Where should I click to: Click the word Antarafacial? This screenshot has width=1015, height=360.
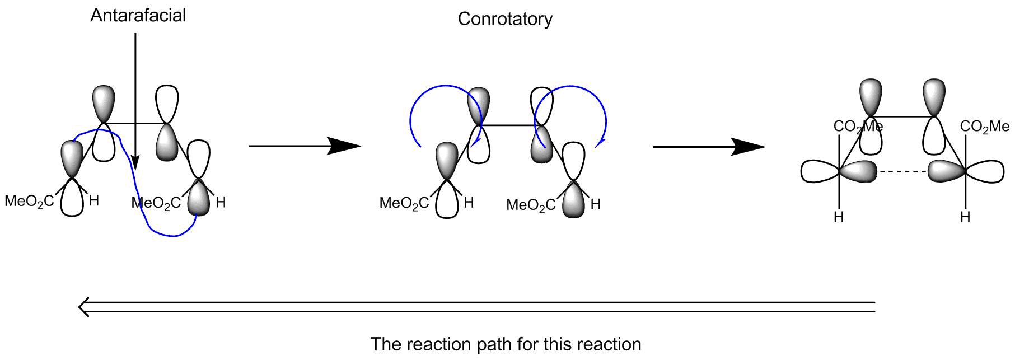138,15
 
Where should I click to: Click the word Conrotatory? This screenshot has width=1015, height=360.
505,19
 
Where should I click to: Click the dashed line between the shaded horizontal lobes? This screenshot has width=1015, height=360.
902,171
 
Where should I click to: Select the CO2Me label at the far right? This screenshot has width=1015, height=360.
984,127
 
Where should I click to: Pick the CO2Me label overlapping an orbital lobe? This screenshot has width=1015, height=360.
858,127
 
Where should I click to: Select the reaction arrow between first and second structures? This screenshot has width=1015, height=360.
305,146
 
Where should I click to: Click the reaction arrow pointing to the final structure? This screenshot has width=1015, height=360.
709,147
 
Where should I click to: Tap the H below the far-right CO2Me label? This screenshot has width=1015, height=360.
965,217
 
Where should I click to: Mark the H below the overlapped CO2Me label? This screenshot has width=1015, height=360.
839,217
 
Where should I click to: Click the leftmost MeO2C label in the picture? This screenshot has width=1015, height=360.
29,201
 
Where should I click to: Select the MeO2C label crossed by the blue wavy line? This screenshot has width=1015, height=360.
156,203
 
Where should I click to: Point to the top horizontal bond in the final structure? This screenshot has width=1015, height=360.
902,116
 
